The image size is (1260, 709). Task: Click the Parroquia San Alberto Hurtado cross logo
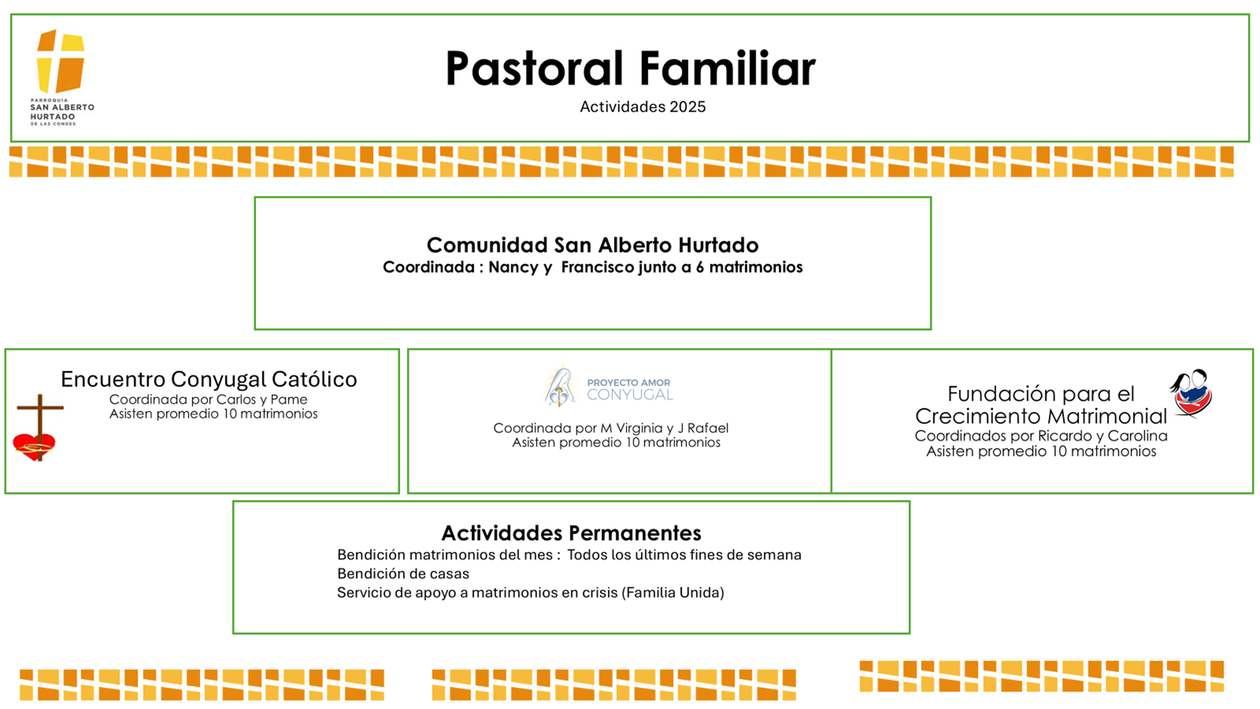coord(60,61)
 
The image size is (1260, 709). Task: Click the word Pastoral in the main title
coord(534,69)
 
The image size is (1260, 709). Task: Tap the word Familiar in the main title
coord(727,69)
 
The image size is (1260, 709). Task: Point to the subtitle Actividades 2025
coord(643,107)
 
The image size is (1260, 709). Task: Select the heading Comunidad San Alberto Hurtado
coord(592,245)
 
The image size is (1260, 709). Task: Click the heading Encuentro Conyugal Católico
coord(209,379)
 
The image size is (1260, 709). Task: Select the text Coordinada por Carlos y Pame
coord(208,399)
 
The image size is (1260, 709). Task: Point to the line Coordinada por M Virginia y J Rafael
coord(611,428)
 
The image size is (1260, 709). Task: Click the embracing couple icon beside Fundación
coord(1191,393)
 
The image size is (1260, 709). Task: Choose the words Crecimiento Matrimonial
coord(1040,416)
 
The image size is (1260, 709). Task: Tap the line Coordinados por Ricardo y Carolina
coord(1040,436)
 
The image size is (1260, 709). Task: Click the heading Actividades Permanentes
coord(571,532)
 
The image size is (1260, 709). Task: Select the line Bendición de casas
coord(403,574)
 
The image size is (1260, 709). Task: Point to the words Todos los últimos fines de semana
coord(684,555)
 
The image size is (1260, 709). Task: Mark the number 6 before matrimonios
coord(700,267)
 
